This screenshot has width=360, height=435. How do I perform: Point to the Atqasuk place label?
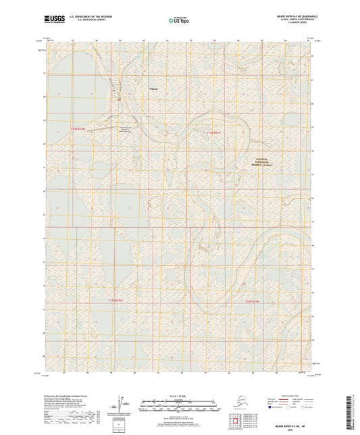[x=153, y=87]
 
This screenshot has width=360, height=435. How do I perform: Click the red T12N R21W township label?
[x=251, y=299]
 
